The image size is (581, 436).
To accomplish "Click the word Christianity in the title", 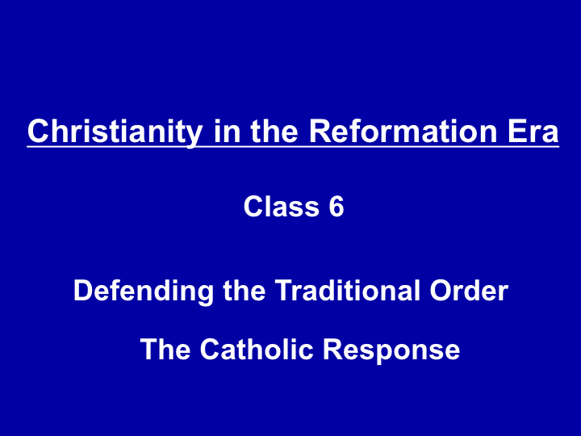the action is tap(115, 132).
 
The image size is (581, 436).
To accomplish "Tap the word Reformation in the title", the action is tap(403, 132).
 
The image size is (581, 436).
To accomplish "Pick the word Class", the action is tap(282, 206).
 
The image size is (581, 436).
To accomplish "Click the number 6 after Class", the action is tap(336, 206).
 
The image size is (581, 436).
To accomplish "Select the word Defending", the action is tap(144, 291).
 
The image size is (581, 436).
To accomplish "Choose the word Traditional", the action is tap(348, 290).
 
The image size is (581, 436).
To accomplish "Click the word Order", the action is tap(469, 290).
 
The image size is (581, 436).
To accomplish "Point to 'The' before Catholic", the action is tap(165, 349).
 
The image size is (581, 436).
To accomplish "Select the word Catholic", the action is tap(257, 349).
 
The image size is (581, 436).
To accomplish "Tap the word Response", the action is tap(391, 350).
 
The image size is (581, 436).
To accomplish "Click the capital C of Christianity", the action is tap(39, 132).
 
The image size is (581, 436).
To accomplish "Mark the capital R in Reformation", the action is tap(320, 132).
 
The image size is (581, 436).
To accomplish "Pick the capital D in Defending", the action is tap(85, 290).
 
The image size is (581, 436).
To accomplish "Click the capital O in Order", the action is tap(441, 290).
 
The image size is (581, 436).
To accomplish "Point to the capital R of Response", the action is tap(334, 349).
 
